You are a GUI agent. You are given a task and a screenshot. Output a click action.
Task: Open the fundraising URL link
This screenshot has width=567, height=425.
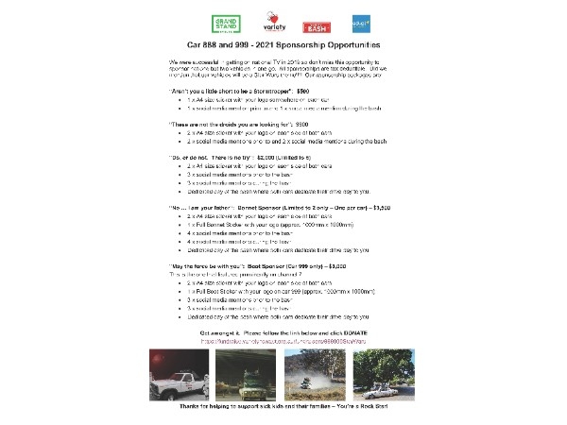pos(284,341)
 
